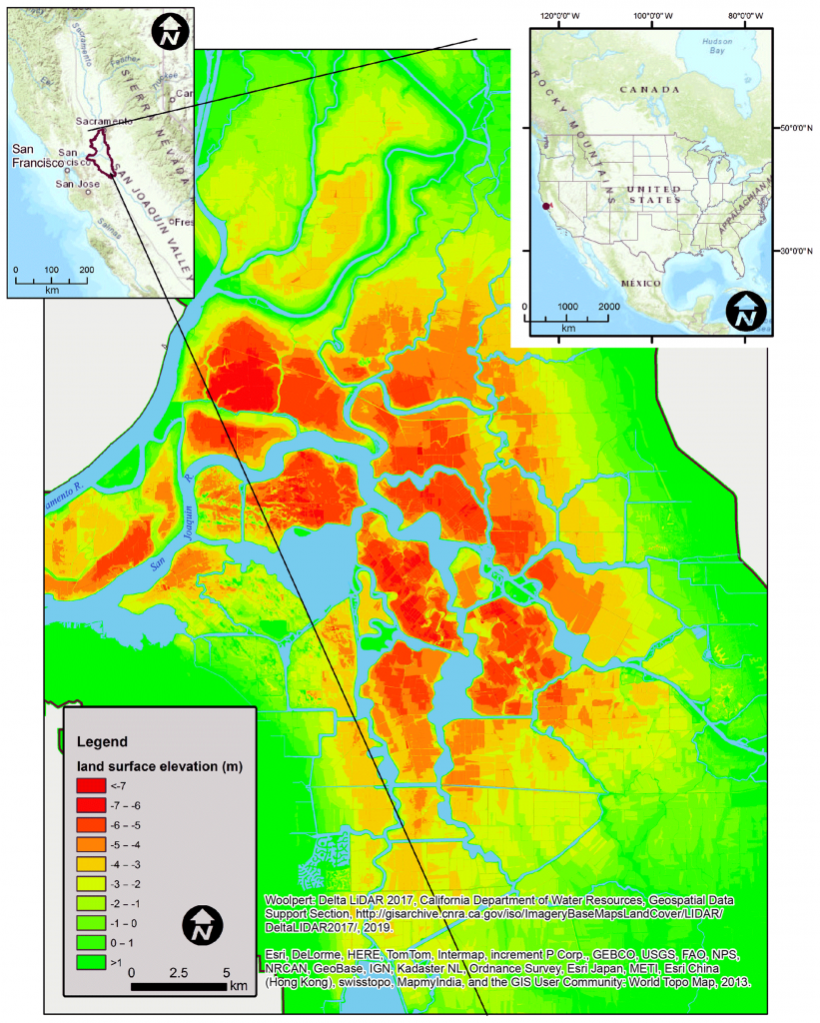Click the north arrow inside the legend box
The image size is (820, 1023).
203,924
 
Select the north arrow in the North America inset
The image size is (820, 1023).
743,314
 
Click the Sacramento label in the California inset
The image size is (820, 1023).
103,121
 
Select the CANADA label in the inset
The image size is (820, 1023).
649,89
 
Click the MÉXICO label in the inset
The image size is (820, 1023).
641,284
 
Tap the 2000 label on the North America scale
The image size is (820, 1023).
607,306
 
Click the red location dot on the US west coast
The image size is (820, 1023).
542,205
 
